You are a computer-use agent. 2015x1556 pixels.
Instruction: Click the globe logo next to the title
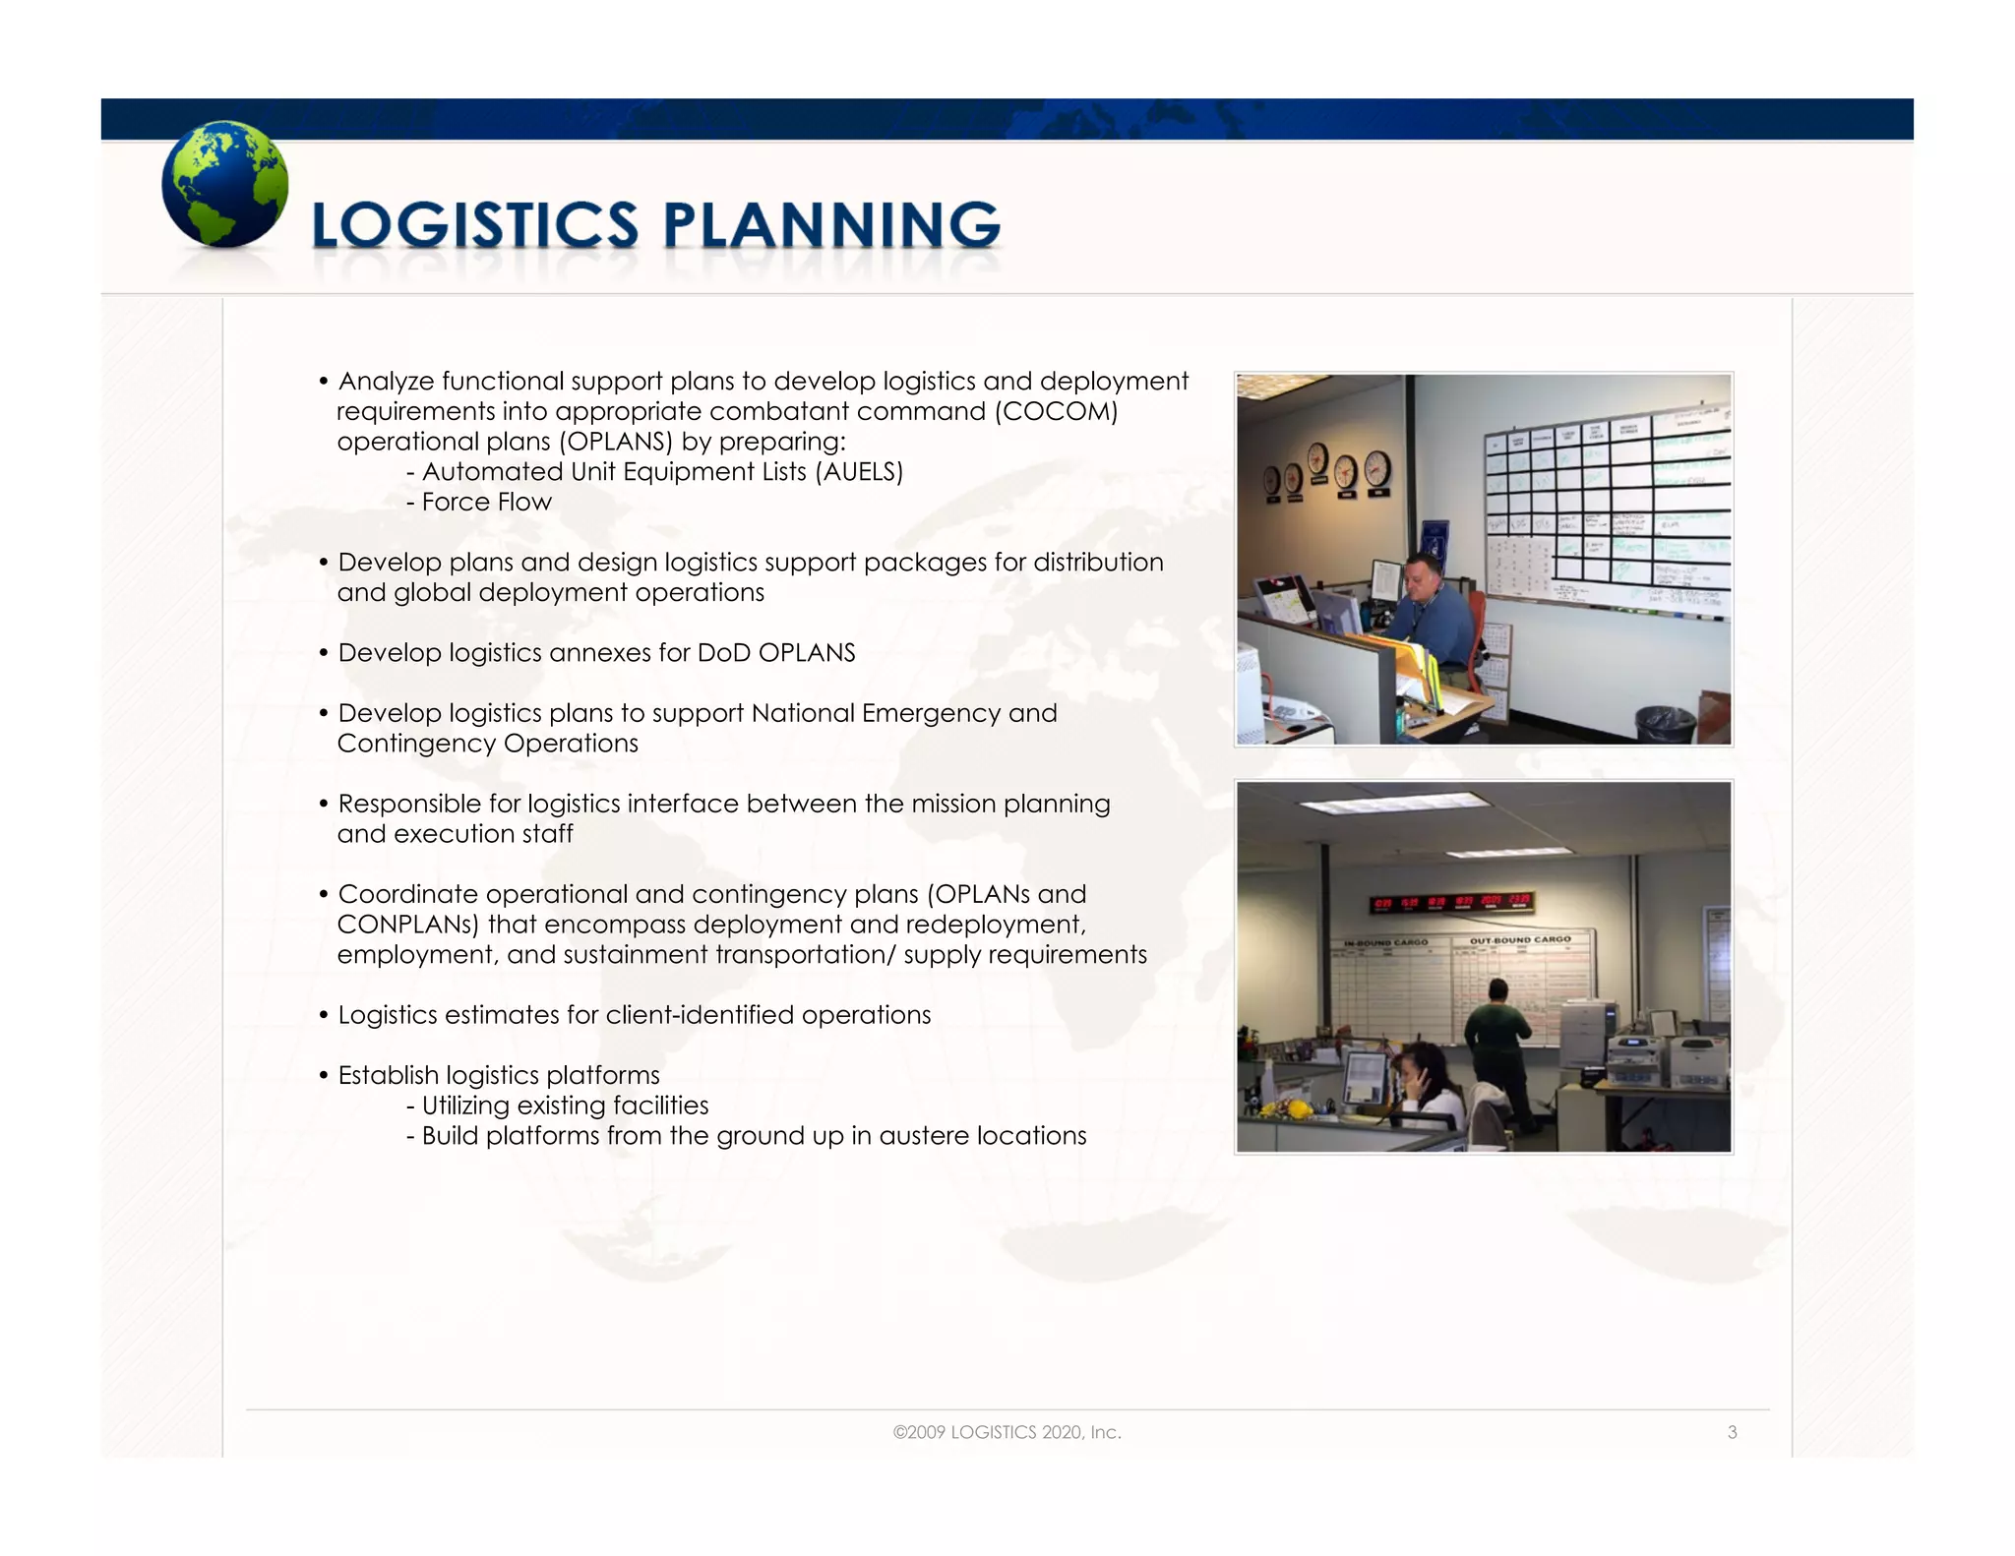coord(224,184)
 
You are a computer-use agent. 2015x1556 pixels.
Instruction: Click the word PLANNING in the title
coord(831,225)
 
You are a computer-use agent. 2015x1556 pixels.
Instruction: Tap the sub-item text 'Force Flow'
coord(486,502)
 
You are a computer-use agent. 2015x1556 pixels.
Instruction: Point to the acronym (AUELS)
coord(859,472)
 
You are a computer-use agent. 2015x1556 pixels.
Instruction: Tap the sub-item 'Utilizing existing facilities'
coord(564,1106)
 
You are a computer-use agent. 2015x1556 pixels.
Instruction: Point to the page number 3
coord(1732,1432)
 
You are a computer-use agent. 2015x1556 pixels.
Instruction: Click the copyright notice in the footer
coord(1007,1432)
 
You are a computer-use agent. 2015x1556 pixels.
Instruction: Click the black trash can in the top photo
coord(1664,724)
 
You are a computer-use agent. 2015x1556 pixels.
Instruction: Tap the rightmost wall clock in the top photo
coord(1377,468)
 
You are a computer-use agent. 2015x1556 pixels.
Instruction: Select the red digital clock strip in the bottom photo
coord(1452,903)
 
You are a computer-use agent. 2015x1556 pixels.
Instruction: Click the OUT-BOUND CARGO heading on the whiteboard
coord(1520,940)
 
